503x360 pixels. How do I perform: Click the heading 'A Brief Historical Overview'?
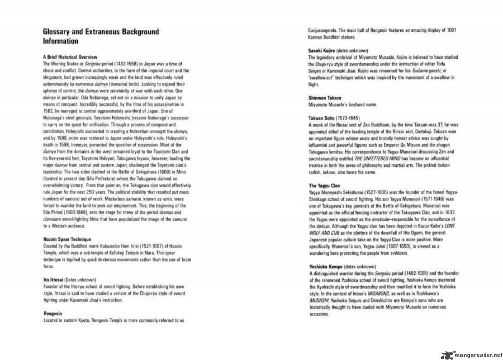click(x=70, y=57)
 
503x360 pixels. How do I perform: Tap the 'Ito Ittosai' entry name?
click(x=53, y=280)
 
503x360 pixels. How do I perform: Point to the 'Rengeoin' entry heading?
click(x=53, y=313)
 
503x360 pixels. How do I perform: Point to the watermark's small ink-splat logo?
click(x=446, y=354)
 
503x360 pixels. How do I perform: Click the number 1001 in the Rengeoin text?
click(x=451, y=30)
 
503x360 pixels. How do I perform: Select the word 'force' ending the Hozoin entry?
click(x=48, y=266)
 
